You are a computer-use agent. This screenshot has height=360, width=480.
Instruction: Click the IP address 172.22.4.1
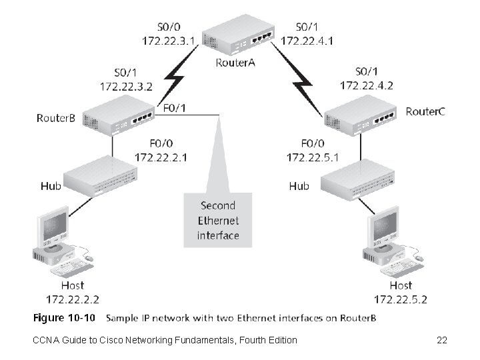point(307,40)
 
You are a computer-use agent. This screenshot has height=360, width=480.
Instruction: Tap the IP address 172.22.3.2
point(126,86)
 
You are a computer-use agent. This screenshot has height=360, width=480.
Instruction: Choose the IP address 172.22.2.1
point(161,157)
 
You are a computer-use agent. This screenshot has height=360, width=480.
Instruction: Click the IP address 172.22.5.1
point(313,157)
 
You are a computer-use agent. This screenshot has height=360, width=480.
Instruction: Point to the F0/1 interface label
point(175,107)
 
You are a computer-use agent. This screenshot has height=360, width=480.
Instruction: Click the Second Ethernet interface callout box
point(218,220)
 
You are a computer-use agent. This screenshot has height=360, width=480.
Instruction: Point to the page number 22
point(441,341)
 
